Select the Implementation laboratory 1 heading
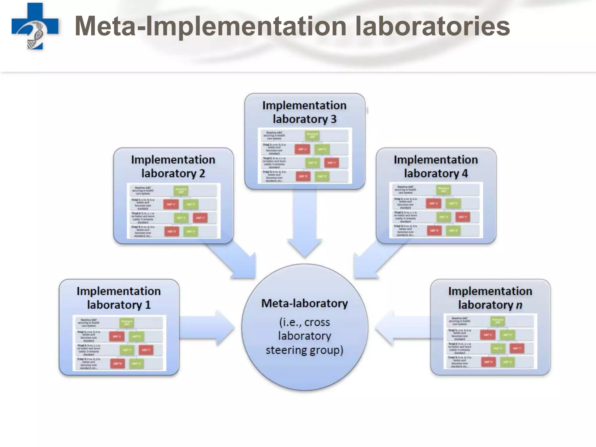tap(119, 298)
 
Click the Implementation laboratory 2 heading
tap(173, 166)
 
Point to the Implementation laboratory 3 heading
tap(304, 112)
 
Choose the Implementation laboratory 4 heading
tap(436, 166)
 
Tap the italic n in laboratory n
tap(519, 305)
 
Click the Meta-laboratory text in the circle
tap(304, 303)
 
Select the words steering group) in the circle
tap(304, 350)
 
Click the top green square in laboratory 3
tap(312, 136)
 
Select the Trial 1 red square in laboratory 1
tap(117, 336)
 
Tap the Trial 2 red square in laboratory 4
tap(462, 217)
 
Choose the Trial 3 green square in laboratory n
tap(507, 362)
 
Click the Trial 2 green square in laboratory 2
tap(181, 218)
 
